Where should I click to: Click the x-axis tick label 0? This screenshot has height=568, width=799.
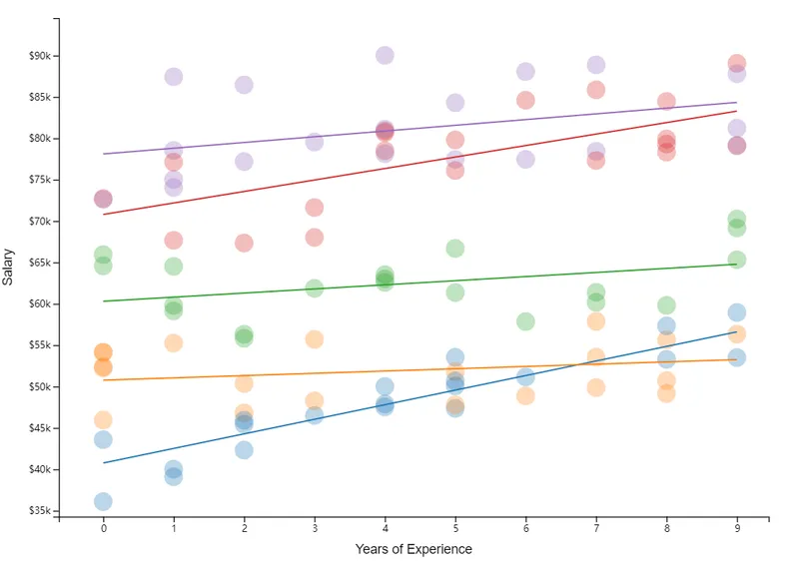[103, 529]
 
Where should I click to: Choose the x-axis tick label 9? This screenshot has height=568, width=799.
[736, 529]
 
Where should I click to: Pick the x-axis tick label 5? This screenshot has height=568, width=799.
[454, 529]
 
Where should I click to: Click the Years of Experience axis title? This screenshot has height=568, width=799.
[413, 549]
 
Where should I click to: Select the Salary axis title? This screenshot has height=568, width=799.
[9, 268]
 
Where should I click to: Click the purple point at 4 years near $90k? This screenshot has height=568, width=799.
[385, 55]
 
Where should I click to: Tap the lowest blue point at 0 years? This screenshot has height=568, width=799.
[103, 501]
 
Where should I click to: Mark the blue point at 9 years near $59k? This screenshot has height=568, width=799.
[736, 312]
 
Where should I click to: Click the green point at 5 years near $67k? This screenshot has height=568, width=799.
[454, 249]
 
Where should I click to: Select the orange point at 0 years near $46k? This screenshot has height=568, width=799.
[103, 420]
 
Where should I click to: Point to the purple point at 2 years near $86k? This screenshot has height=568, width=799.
[244, 85]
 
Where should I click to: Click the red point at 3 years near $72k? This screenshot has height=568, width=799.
[314, 208]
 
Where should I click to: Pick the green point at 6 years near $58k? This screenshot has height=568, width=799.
[525, 321]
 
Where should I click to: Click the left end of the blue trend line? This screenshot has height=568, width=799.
[103, 462]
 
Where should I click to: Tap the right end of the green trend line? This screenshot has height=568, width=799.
[736, 264]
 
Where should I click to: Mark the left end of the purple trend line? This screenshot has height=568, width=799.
[103, 154]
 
